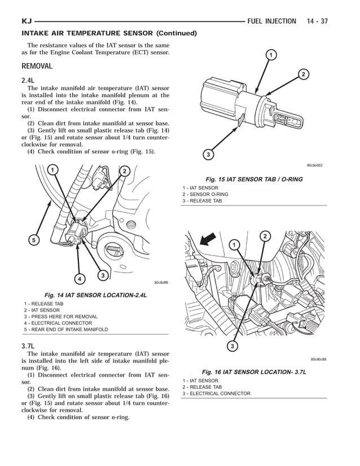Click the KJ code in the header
click(27, 21)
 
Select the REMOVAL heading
click(37, 66)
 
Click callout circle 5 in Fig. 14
click(33, 240)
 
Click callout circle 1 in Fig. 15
click(271, 55)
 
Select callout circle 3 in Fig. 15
click(208, 155)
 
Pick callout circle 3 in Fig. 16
click(232, 346)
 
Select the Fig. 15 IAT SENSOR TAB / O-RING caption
click(253, 179)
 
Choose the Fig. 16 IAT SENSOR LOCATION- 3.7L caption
click(253, 372)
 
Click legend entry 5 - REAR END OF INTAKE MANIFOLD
click(65, 329)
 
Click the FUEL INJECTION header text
click(271, 21)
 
